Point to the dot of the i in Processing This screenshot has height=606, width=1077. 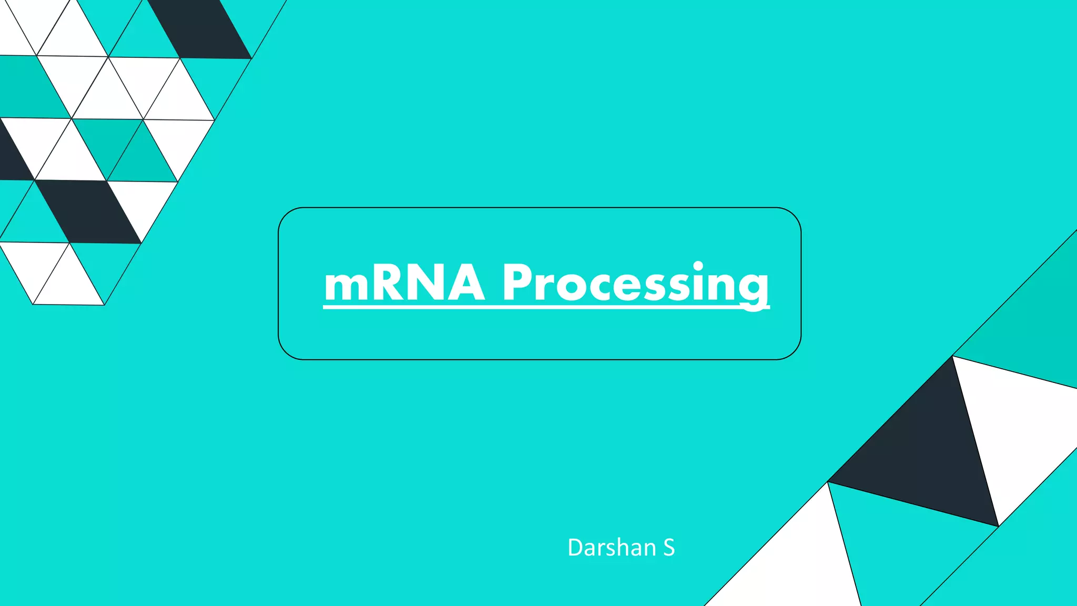click(x=698, y=266)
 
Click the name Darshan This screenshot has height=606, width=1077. click(x=612, y=548)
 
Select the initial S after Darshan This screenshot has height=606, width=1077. click(x=668, y=548)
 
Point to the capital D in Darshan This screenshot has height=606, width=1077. click(x=576, y=548)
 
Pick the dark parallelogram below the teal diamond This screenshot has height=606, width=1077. click(x=88, y=211)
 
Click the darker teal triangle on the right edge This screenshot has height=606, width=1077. click(x=1031, y=326)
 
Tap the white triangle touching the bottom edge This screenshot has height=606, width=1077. click(x=794, y=568)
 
